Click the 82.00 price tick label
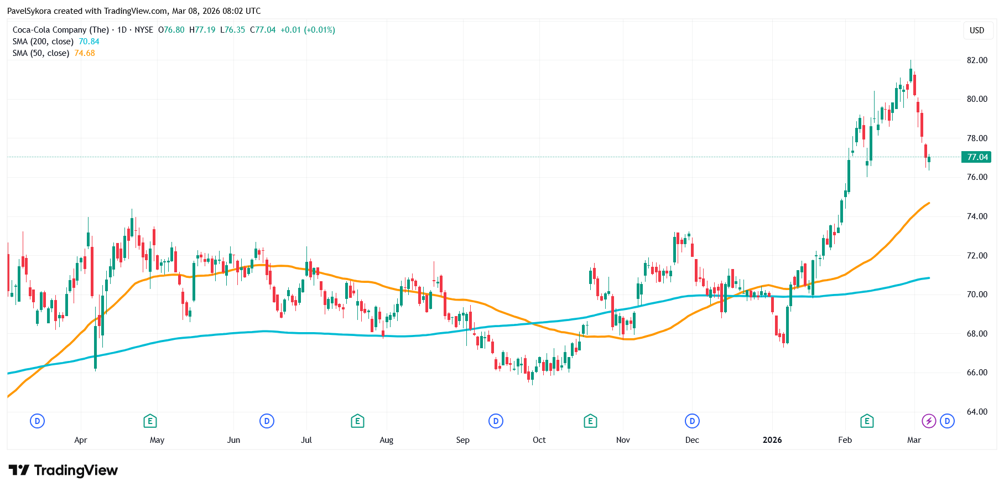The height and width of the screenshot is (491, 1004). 977,60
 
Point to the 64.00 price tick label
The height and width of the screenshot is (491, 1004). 977,412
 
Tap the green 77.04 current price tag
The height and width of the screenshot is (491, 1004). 977,157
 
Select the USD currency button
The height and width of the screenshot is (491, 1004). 977,30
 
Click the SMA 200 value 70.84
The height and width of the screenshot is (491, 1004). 89,42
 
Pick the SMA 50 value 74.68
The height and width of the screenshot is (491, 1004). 85,53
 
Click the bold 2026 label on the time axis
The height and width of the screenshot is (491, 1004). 772,440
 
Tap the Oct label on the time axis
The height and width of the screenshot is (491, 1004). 539,440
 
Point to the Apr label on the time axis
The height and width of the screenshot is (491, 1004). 81,440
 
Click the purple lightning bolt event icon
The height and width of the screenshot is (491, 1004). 929,421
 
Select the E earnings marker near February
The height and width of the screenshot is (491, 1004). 867,421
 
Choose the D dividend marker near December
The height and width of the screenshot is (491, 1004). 692,421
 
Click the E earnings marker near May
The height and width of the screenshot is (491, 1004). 150,421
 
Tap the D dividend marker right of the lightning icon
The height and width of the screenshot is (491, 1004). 947,421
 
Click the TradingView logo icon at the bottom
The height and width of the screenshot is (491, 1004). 19,471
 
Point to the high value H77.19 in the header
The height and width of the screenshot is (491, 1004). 202,30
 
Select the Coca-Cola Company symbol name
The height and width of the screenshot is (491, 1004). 61,30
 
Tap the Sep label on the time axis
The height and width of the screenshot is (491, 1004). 462,440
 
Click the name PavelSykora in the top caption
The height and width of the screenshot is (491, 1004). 29,11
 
